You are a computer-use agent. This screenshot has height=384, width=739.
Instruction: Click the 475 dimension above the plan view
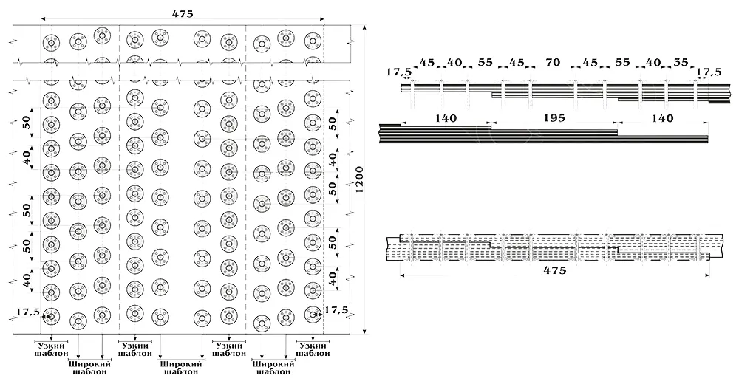[x=183, y=14]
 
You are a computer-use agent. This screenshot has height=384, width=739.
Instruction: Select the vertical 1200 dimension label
[x=360, y=179]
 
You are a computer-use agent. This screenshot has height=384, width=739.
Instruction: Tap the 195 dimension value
[x=554, y=118]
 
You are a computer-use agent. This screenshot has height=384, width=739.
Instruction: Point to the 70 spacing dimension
[x=553, y=62]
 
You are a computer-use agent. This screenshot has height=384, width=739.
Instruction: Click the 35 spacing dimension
[x=681, y=62]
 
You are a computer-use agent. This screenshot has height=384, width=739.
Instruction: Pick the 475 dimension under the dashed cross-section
[x=555, y=270]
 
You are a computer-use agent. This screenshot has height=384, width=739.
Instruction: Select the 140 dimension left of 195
[x=446, y=118]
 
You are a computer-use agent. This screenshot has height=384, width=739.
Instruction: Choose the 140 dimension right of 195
[x=663, y=118]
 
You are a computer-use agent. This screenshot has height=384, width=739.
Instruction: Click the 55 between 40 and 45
[x=485, y=62]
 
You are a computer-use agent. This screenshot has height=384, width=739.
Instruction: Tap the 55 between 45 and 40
[x=622, y=62]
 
